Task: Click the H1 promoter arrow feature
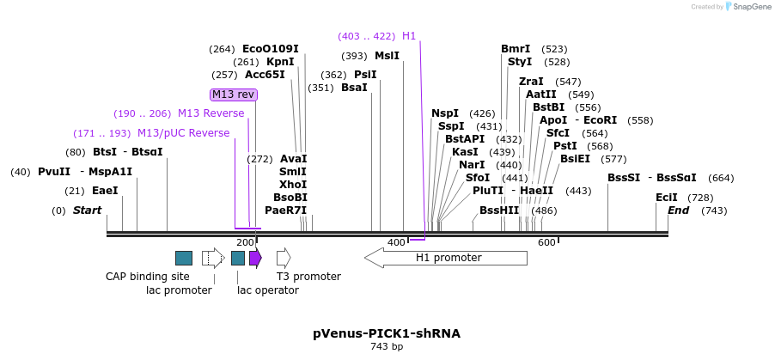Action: click(446, 258)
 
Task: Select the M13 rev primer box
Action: click(234, 95)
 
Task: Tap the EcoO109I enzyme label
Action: click(271, 49)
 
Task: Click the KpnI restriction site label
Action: click(280, 62)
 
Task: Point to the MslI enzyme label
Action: click(387, 56)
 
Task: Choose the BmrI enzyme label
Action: click(516, 49)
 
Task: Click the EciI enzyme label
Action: click(666, 198)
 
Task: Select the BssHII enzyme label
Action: click(499, 211)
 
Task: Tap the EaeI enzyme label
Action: click(105, 191)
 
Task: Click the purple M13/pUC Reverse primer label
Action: click(184, 133)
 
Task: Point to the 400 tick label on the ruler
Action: click(395, 243)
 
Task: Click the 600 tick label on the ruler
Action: click(546, 243)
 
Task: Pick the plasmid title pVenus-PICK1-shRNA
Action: click(387, 333)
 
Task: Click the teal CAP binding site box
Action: click(184, 258)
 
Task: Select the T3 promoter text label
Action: click(308, 277)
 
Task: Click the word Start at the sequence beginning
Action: click(87, 211)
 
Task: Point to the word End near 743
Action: click(679, 211)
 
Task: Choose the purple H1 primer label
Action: click(409, 36)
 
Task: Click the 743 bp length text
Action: click(387, 347)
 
